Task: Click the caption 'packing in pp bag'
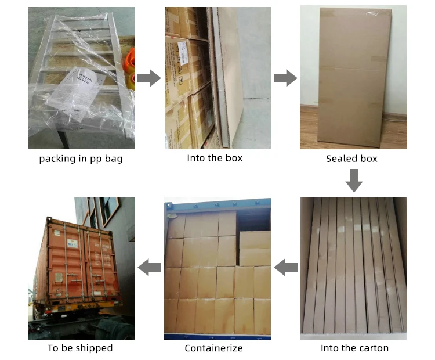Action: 81,159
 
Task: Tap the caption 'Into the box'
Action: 215,158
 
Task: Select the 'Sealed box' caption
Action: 351,159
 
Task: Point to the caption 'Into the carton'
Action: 354,348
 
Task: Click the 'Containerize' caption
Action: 213,348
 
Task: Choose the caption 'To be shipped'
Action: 80,348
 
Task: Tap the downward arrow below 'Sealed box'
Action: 354,181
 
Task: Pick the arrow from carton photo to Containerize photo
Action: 285,268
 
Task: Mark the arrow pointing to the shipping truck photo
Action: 149,268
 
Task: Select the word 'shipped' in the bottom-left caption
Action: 93,348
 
